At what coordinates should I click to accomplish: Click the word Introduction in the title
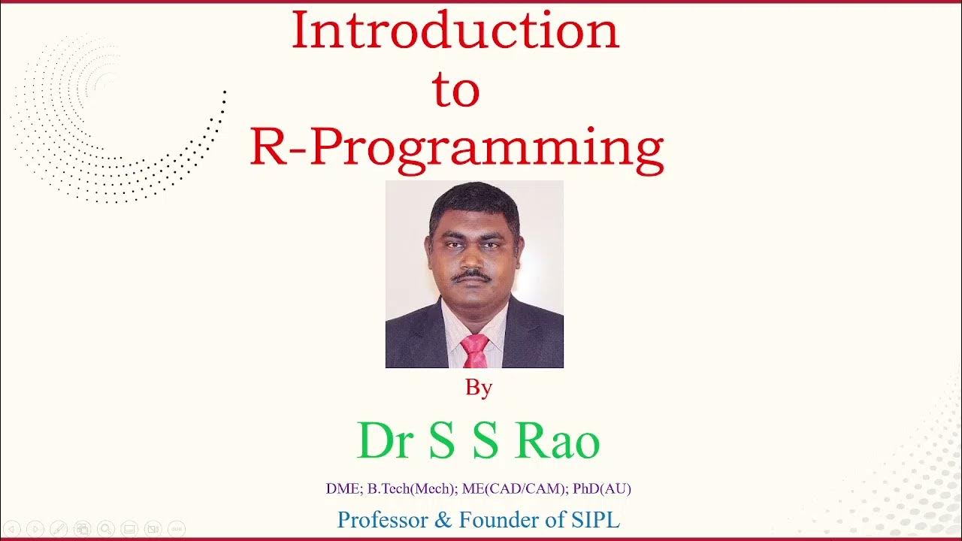point(455,32)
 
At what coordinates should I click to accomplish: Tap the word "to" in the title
point(455,89)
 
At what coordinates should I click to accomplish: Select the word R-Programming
point(456,148)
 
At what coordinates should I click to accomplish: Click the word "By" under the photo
point(479,388)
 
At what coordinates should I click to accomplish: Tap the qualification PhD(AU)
point(601,488)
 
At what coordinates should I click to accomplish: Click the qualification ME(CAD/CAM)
point(515,488)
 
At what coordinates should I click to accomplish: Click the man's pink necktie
point(475,350)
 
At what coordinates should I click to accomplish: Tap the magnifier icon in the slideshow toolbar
point(106,529)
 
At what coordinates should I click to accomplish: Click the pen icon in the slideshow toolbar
point(59,529)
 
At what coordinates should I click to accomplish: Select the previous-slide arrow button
point(12,529)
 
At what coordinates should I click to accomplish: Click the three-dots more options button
point(176,529)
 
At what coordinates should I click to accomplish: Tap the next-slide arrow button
point(35,529)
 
